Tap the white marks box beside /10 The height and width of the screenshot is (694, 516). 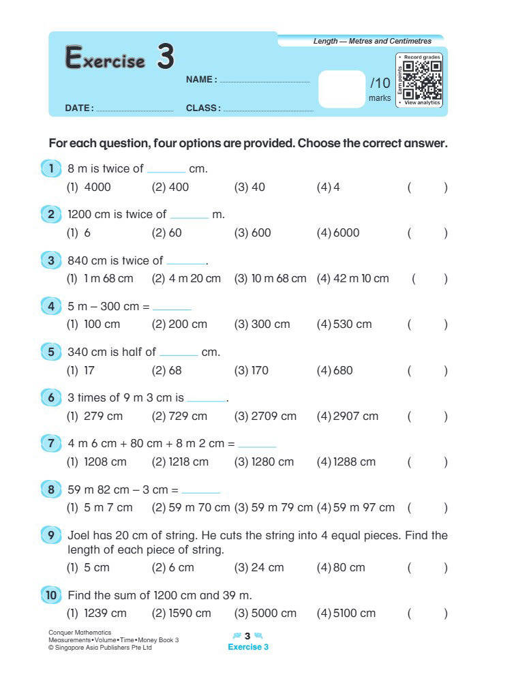click(x=342, y=89)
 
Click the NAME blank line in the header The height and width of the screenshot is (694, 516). click(x=264, y=81)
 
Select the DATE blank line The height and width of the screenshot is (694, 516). click(x=135, y=109)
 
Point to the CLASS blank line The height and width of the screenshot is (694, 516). click(x=268, y=109)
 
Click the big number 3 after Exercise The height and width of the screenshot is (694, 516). click(x=165, y=57)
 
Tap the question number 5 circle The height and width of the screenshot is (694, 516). click(x=51, y=352)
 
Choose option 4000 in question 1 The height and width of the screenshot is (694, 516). click(x=97, y=187)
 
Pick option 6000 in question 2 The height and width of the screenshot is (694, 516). click(x=346, y=232)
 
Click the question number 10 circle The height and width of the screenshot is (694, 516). click(x=51, y=595)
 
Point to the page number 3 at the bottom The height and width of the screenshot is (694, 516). click(x=247, y=636)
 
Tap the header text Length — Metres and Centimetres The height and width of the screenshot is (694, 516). click(x=372, y=42)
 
